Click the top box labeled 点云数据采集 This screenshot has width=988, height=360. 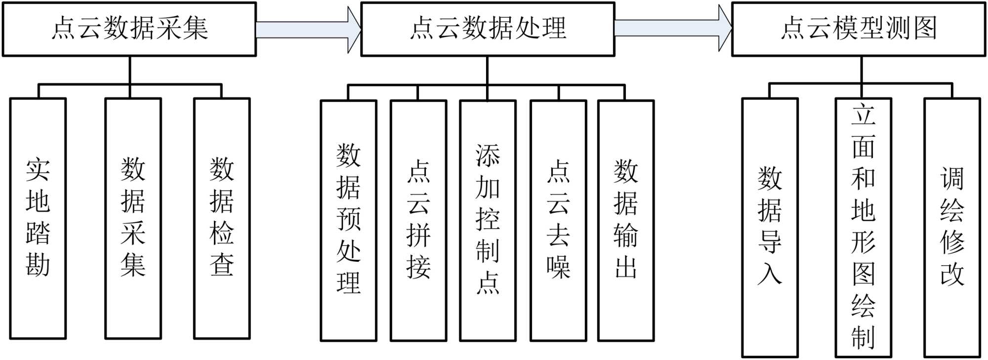(129, 29)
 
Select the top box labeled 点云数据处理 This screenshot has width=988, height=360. (488, 29)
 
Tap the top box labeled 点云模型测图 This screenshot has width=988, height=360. (859, 29)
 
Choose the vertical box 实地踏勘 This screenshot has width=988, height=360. (38, 218)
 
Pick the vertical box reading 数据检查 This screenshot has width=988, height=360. (222, 218)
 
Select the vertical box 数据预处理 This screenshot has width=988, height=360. (348, 220)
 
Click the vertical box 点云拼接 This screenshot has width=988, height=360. (418, 220)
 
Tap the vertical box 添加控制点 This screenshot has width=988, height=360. (488, 220)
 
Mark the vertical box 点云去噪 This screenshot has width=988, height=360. (558, 220)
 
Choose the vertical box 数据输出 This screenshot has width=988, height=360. (626, 220)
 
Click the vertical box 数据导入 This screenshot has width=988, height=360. (770, 227)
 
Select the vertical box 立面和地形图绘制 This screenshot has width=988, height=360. (863, 227)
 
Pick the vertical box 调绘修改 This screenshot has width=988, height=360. (952, 227)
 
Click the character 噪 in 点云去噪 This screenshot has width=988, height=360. (558, 267)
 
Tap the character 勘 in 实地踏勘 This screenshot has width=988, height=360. (38, 265)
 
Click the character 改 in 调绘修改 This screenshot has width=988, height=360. (952, 274)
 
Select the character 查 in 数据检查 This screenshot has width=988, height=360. (222, 265)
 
